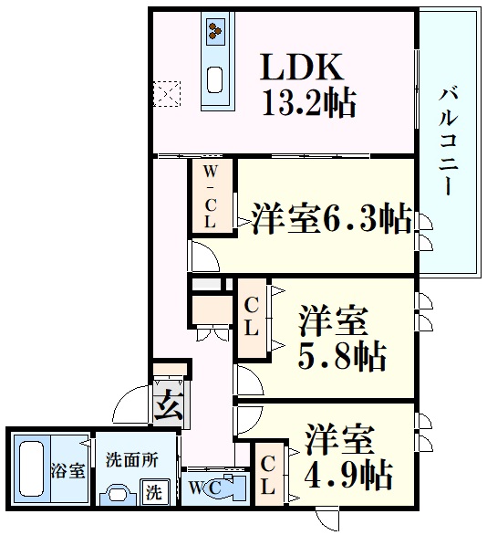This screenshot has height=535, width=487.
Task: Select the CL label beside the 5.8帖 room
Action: pos(253,315)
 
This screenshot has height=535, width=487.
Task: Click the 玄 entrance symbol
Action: pos(167,404)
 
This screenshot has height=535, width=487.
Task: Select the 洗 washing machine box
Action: pos(156,491)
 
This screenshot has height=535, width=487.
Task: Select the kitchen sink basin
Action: pos(218,79)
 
